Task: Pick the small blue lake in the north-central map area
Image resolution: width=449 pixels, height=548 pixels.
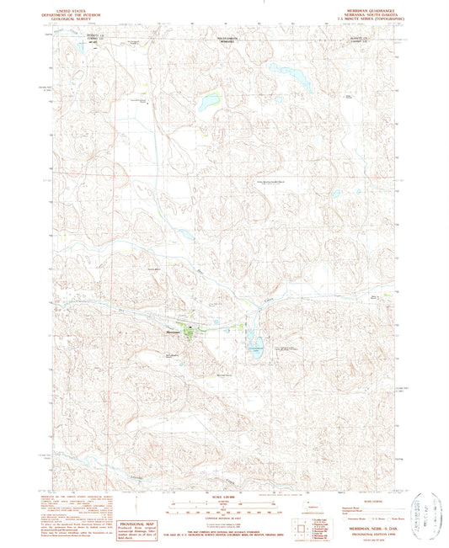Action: [x=205, y=105]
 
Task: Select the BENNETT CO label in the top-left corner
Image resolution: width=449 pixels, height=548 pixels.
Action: [x=72, y=37]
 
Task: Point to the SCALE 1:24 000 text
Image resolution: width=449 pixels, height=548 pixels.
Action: [x=223, y=495]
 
